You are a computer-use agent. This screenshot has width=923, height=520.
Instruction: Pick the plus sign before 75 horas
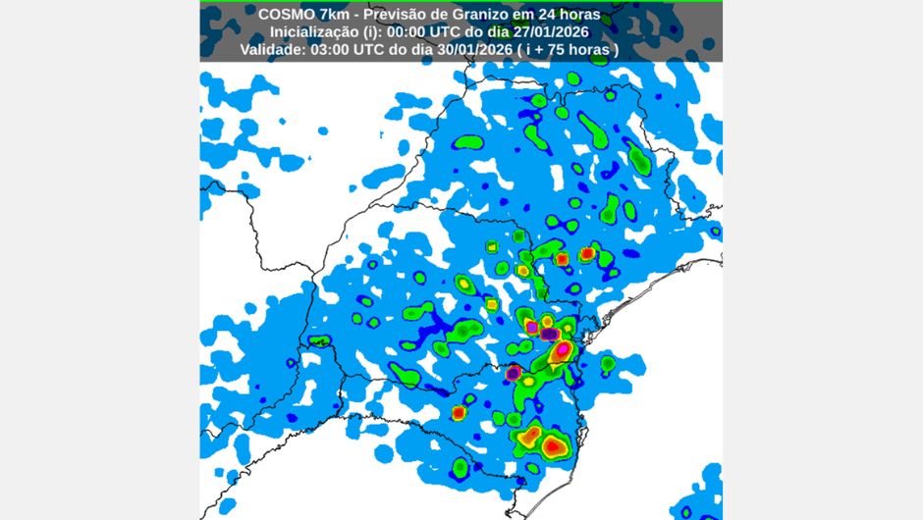tap(540, 49)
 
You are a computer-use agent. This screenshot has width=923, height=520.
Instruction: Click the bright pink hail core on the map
tap(563, 349)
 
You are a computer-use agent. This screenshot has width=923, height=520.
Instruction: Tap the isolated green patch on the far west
tap(318, 341)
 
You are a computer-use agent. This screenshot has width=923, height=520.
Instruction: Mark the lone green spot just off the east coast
tap(608, 364)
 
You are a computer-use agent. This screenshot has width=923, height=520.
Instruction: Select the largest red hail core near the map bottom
tap(555, 446)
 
